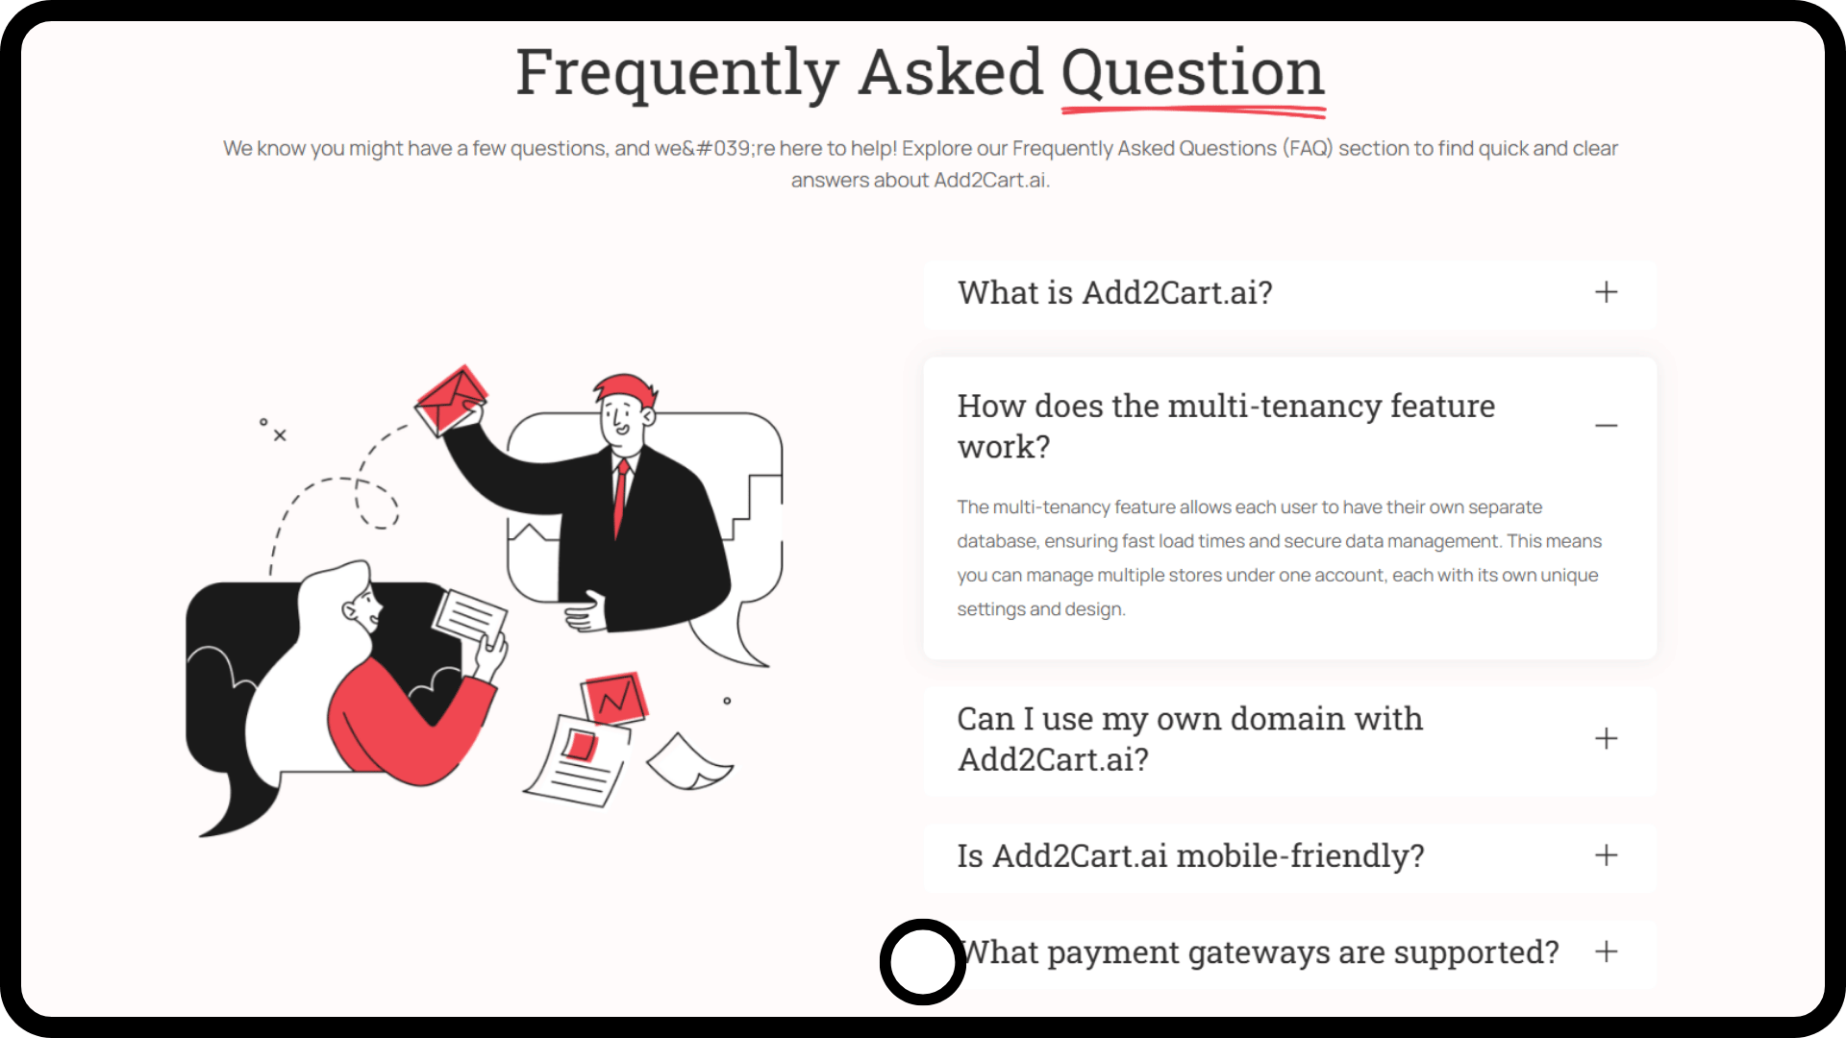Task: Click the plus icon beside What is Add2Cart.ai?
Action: [1606, 292]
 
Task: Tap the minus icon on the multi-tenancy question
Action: [1606, 426]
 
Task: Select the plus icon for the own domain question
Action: [1606, 738]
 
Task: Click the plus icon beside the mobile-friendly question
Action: [1606, 855]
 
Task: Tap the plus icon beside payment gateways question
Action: [1606, 951]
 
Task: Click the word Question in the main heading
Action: [1192, 74]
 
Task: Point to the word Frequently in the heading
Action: [678, 74]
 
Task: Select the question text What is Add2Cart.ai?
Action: [1115, 292]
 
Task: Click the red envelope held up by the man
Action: [450, 399]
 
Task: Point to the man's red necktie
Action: [621, 498]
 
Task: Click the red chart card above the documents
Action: [614, 699]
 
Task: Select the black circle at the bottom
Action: [923, 961]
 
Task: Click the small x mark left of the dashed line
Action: [280, 435]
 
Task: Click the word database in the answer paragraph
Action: [997, 541]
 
